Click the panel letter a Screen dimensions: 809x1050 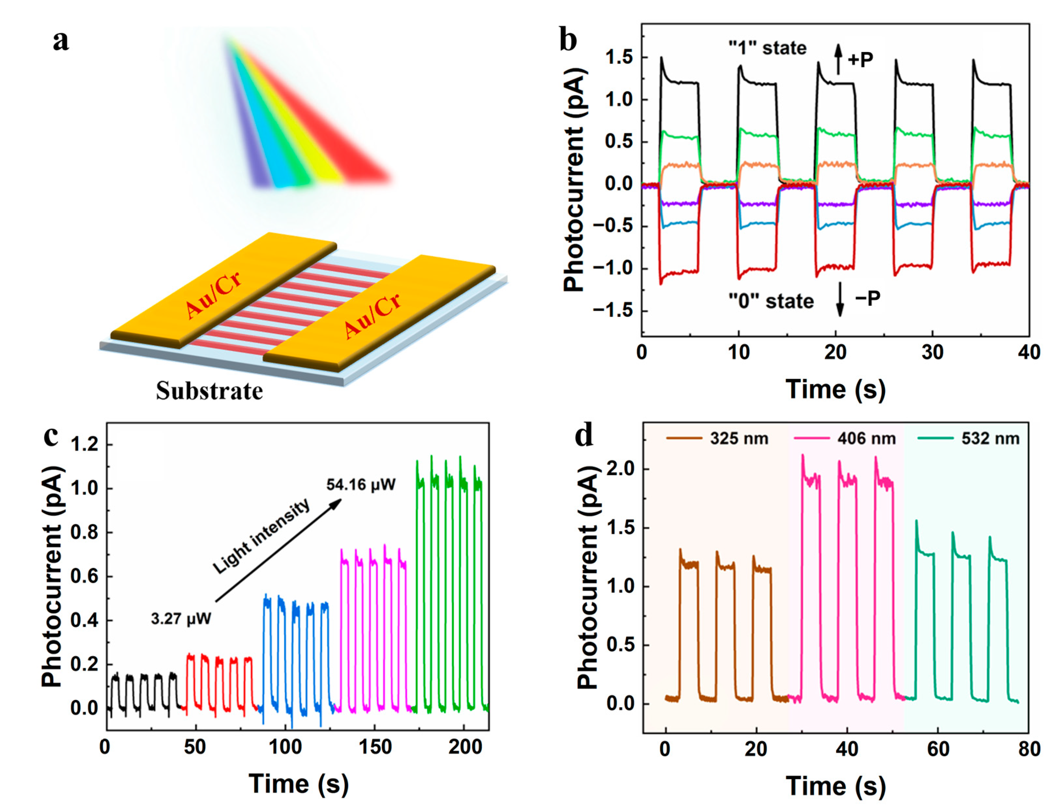pyautogui.click(x=61, y=40)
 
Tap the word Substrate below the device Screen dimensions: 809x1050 pyautogui.click(x=209, y=391)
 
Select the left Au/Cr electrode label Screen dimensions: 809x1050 pyautogui.click(x=213, y=294)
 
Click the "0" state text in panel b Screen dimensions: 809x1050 pyautogui.click(x=771, y=301)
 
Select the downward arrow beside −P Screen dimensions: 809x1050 pyautogui.click(x=840, y=300)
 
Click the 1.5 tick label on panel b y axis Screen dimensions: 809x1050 pyautogui.click(x=619, y=58)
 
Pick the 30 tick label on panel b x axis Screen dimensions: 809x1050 pyautogui.click(x=932, y=353)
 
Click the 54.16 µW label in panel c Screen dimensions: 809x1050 pyautogui.click(x=361, y=484)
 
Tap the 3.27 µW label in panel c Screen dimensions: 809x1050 pyautogui.click(x=181, y=618)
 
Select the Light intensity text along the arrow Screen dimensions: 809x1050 pyautogui.click(x=261, y=537)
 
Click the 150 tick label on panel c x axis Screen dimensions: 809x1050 pyautogui.click(x=375, y=747)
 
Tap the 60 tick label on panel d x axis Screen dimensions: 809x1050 pyautogui.click(x=938, y=749)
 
